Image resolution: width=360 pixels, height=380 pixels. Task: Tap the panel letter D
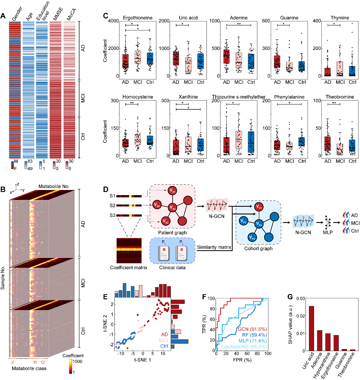[x=106, y=190]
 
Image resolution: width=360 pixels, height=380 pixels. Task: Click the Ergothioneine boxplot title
[x=138, y=18]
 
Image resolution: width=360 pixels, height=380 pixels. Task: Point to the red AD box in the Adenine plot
[x=226, y=60]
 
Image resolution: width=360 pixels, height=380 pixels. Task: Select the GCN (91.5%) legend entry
[x=252, y=329]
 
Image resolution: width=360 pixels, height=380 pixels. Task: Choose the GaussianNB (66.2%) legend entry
[x=244, y=346]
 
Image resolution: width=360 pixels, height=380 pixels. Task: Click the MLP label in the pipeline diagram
[x=328, y=232]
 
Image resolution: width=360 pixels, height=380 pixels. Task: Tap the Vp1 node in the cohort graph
[x=259, y=207]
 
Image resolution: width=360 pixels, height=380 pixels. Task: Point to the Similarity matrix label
[x=214, y=247]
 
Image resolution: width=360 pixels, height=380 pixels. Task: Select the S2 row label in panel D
[x=112, y=205]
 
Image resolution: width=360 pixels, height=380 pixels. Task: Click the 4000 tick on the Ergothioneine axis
[x=113, y=21]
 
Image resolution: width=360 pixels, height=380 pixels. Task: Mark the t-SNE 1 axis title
[x=142, y=360]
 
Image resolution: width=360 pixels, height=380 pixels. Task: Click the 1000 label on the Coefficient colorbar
[x=77, y=362]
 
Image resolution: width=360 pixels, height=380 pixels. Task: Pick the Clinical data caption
[x=172, y=268]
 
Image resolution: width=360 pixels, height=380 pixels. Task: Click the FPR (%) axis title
[x=242, y=360]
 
